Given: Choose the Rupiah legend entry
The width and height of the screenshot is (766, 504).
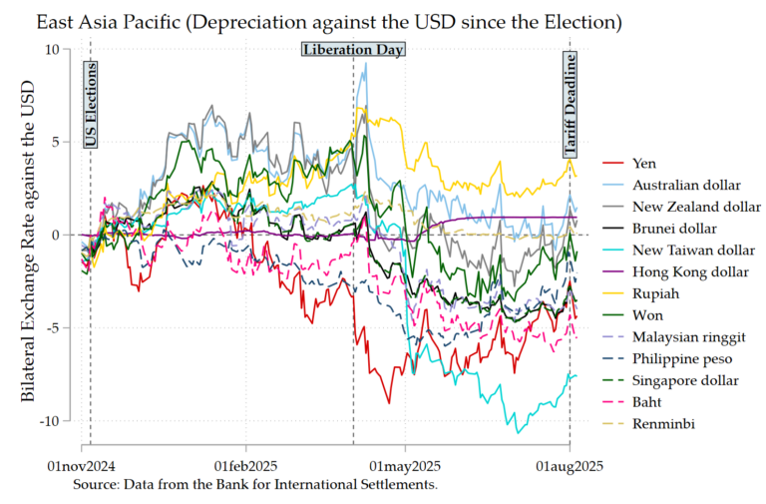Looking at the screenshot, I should (x=654, y=294).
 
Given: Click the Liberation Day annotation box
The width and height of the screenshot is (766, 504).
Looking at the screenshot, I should (x=353, y=49).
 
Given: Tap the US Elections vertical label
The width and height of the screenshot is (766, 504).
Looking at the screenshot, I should (x=91, y=105).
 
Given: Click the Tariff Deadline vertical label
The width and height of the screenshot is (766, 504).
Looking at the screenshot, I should (x=572, y=105).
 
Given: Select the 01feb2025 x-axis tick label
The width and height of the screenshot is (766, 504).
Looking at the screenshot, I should (x=246, y=466).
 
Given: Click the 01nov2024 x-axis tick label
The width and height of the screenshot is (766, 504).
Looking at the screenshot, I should (x=83, y=466).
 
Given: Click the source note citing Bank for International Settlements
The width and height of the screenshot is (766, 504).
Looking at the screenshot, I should (x=255, y=484).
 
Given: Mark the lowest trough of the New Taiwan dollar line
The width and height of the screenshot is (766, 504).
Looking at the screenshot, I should (x=518, y=432).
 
